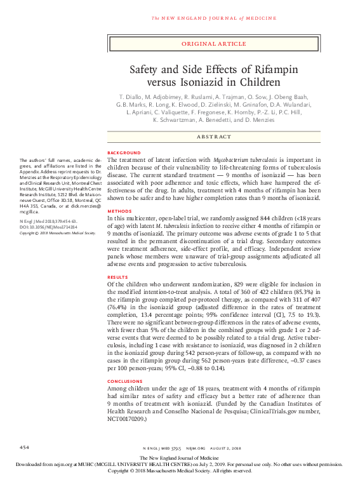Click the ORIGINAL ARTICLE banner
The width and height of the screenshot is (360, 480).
point(213,44)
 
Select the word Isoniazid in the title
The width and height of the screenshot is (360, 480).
point(203,83)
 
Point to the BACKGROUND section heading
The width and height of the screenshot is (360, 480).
point(124,154)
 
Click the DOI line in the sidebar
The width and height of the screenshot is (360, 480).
point(48,227)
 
